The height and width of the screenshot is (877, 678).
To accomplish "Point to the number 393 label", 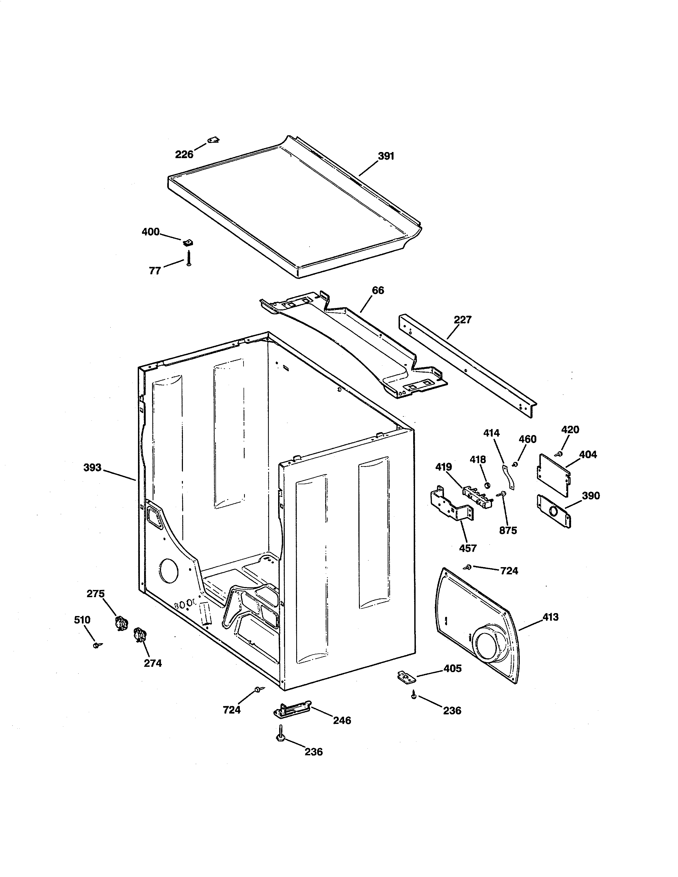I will pyautogui.click(x=92, y=467).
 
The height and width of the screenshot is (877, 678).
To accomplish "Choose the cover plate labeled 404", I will pyautogui.click(x=553, y=475).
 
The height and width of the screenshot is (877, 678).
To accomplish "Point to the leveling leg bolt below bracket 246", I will pyautogui.click(x=280, y=735).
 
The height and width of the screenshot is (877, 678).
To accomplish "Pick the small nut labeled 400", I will pyautogui.click(x=187, y=242).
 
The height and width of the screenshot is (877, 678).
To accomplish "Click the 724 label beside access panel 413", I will pyautogui.click(x=509, y=571).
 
